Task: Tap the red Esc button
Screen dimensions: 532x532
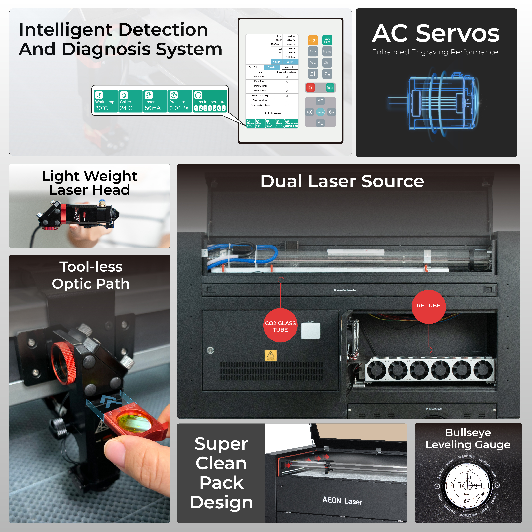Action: pos(310,88)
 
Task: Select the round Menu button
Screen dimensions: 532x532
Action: pos(320,112)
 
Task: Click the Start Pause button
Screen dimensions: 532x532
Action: pos(327,40)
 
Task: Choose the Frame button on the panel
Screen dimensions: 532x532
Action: pos(327,51)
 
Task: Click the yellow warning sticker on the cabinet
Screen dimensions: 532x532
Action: pos(270,355)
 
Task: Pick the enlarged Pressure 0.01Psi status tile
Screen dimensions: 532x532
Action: pos(180,101)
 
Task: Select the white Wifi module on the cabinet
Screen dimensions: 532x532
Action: pos(311,330)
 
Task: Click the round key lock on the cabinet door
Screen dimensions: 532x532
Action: pos(210,350)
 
